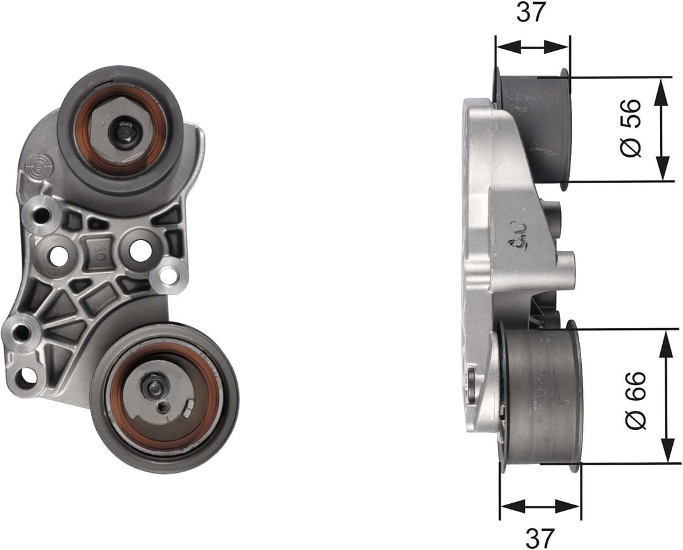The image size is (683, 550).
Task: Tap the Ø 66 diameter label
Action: pos(635,400)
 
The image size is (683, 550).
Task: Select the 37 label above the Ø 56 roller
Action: pos(531,12)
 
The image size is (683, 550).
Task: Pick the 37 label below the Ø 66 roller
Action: pos(539,537)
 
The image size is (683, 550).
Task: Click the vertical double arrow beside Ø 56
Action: pos(662,130)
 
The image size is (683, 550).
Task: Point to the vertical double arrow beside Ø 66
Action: pos(667,396)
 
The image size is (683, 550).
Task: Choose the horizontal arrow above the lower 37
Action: pos(539,506)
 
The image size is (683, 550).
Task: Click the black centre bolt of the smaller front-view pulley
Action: pos(120,133)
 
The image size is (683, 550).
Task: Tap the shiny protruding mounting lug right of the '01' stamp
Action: pos(169,276)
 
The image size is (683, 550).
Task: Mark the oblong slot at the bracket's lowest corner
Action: pos(26,378)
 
